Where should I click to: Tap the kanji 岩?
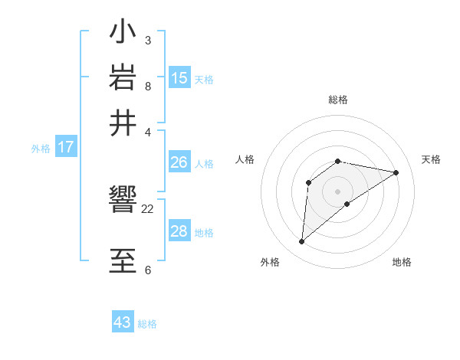point(123,77)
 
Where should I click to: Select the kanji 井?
point(123,123)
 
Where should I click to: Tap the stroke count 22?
point(148,208)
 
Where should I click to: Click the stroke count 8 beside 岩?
point(147,86)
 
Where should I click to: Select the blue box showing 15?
point(179,77)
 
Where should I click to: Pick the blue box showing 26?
point(179,162)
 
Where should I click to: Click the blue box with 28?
point(179,231)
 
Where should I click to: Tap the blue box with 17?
point(65,147)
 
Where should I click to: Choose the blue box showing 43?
point(123,322)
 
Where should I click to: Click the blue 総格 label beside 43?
point(147,324)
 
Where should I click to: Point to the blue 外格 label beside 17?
point(41,149)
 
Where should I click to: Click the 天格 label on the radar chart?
point(431,159)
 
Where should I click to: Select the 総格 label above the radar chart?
point(338,100)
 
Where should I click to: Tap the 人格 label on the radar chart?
point(245,159)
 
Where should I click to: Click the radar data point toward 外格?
point(302,242)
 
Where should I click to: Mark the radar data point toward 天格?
point(396,172)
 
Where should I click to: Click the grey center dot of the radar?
point(338,191)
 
